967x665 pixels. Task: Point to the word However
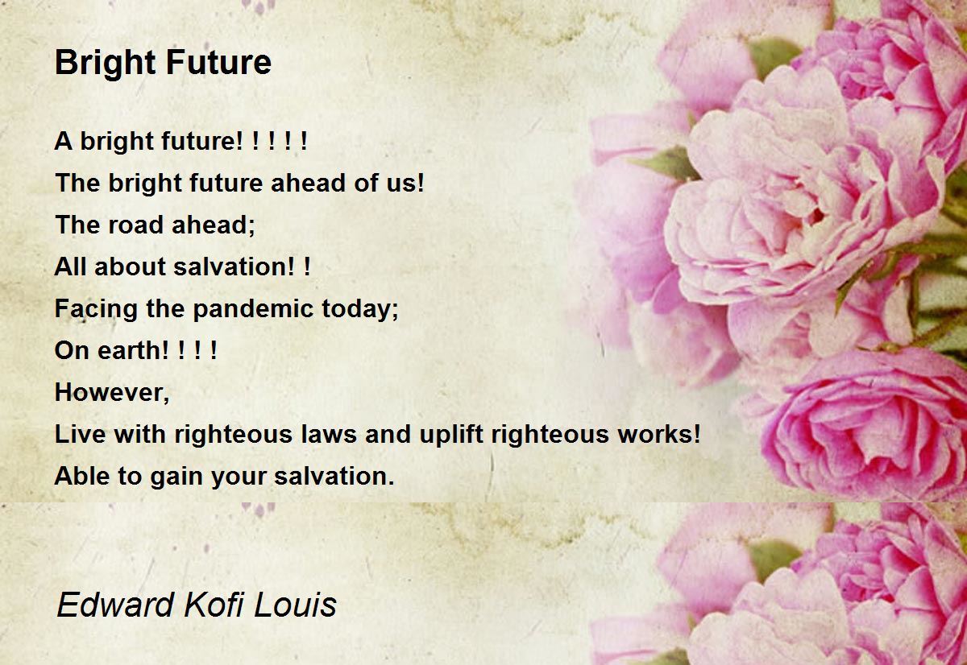coord(110,392)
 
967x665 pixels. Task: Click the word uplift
coord(453,434)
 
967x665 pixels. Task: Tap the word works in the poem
coord(654,434)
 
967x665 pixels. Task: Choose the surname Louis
coord(297,605)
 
